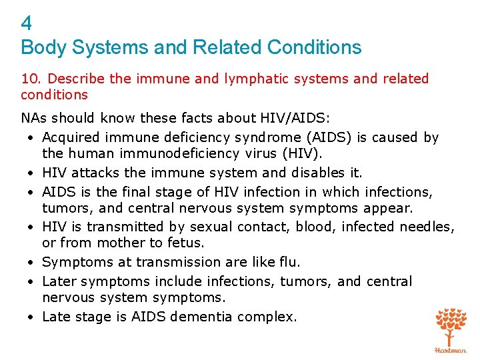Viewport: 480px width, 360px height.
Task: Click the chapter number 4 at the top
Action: (27, 24)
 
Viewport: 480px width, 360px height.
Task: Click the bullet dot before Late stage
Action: (31, 317)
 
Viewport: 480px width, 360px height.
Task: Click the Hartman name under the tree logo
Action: (451, 349)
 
